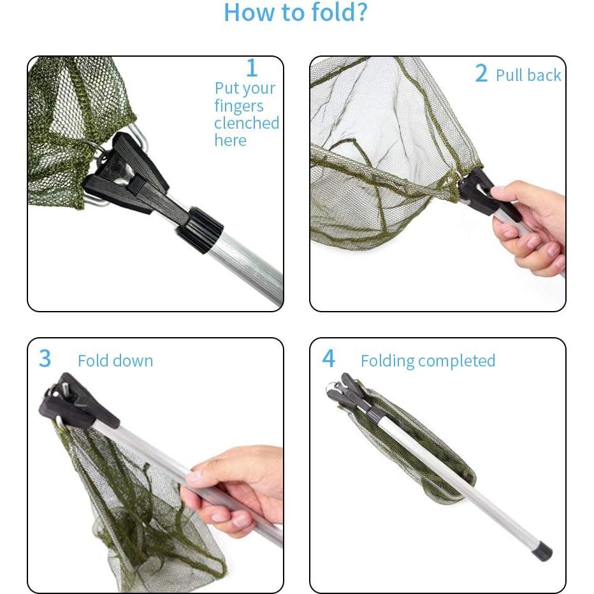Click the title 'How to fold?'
pyautogui.click(x=296, y=13)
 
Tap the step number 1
pyautogui.click(x=252, y=68)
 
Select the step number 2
pyautogui.click(x=481, y=73)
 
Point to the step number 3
pyautogui.click(x=45, y=358)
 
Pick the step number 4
pyautogui.click(x=328, y=358)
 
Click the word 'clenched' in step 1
pyautogui.click(x=247, y=123)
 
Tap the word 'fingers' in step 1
pyautogui.click(x=238, y=106)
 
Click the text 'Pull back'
pyautogui.click(x=528, y=75)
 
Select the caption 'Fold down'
pyautogui.click(x=115, y=361)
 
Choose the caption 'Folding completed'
pyautogui.click(x=428, y=361)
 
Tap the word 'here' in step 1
pyautogui.click(x=230, y=141)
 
